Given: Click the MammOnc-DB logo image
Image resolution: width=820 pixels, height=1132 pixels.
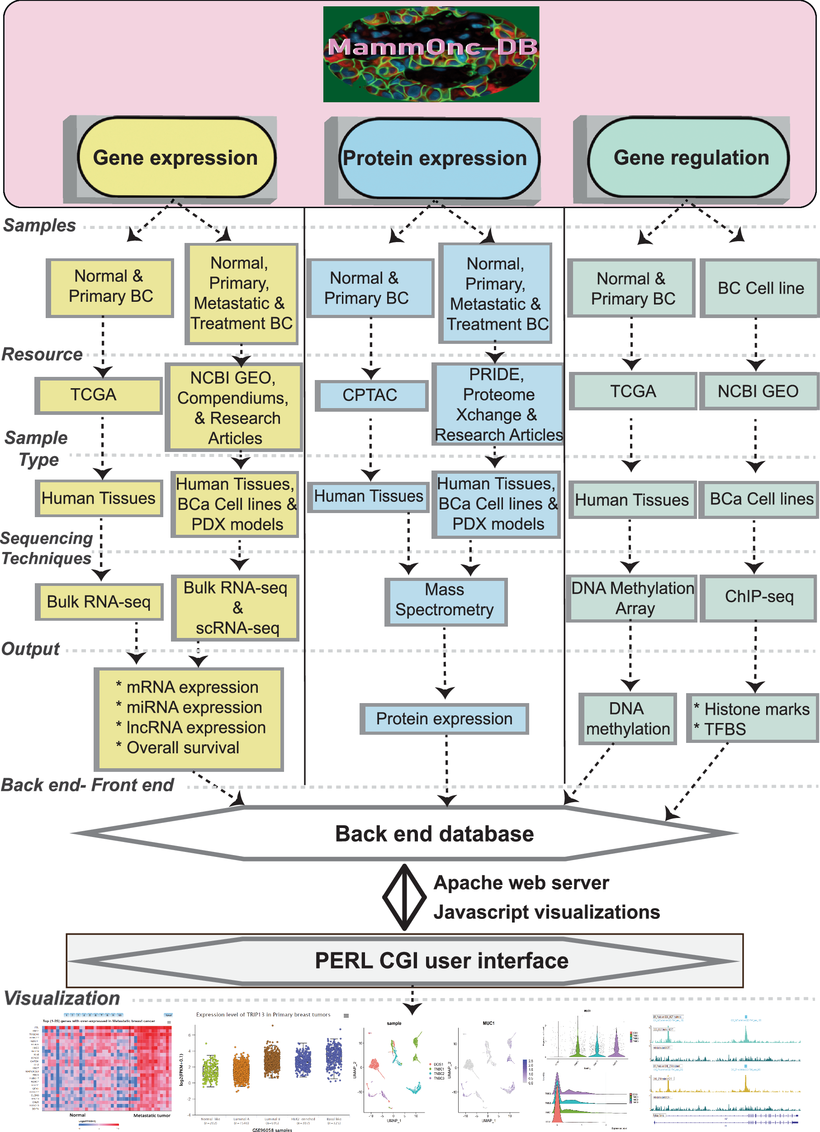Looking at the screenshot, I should tap(431, 54).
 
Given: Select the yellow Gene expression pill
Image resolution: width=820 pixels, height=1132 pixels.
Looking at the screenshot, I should tap(175, 158).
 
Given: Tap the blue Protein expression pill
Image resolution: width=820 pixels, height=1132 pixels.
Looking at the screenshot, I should tap(434, 158).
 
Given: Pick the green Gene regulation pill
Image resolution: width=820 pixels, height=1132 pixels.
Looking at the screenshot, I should tap(691, 158).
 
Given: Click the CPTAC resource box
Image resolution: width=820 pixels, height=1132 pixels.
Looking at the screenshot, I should tap(370, 395).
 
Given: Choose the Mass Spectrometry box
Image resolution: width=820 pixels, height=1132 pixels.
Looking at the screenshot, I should tap(445, 600).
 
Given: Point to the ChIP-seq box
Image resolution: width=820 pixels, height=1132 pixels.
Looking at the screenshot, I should tap(758, 597).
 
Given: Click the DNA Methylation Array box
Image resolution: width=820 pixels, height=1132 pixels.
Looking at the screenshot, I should tap(632, 598).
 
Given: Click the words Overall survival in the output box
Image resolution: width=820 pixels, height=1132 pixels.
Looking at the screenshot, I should tap(183, 748).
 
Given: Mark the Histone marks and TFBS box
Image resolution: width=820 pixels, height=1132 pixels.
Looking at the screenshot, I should tap(752, 718).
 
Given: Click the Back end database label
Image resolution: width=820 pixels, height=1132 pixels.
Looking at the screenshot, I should tap(434, 834).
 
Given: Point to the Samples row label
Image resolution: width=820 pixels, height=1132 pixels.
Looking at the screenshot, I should tap(39, 225).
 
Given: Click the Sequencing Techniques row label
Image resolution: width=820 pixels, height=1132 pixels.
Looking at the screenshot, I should tap(47, 548).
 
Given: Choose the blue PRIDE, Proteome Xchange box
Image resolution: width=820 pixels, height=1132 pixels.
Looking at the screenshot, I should tap(498, 404).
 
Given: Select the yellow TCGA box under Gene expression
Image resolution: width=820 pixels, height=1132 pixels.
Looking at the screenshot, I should tap(98, 395).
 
